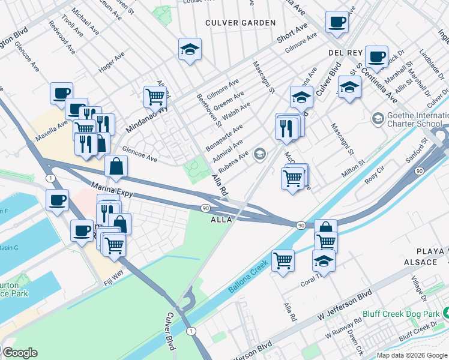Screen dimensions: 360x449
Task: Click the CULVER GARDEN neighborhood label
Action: [240, 23]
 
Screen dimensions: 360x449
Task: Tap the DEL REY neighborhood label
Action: [343, 53]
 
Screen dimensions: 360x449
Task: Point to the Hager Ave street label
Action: [112, 62]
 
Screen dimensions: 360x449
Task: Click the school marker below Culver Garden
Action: [190, 49]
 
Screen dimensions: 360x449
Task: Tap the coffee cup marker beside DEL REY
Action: [376, 57]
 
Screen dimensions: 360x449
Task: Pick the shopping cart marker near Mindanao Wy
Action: [155, 95]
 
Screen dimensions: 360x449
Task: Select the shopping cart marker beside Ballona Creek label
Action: [282, 260]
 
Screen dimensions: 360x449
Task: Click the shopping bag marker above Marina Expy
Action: [116, 166]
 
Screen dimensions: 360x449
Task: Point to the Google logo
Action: [19, 353]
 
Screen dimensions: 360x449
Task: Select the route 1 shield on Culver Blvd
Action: [191, 331]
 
